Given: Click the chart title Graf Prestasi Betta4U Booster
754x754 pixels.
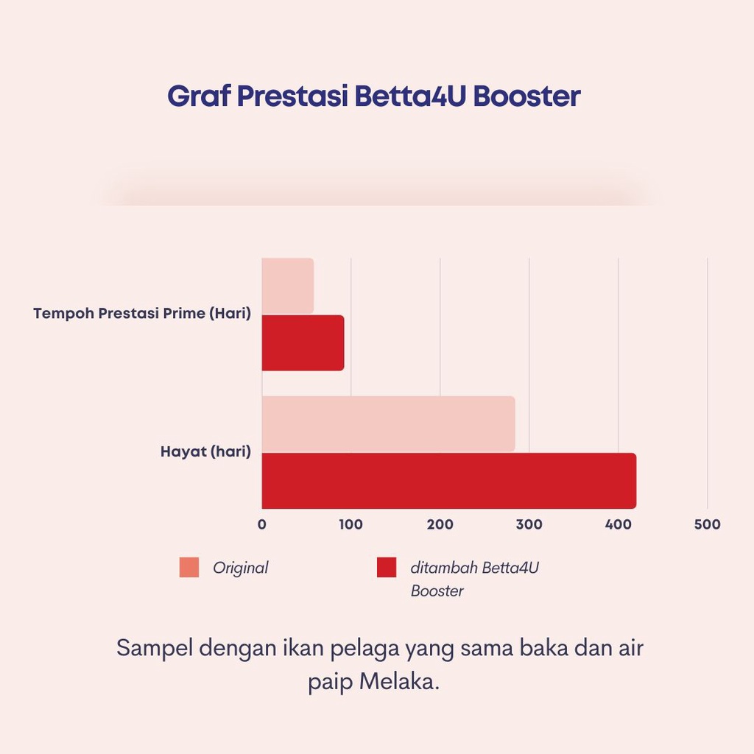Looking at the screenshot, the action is click(x=373, y=96).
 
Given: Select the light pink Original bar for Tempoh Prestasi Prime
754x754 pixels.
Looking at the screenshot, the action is click(x=288, y=286).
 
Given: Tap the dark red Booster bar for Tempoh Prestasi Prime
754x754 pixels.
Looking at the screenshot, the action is click(x=303, y=343).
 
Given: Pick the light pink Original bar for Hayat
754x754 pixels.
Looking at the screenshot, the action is click(x=389, y=424).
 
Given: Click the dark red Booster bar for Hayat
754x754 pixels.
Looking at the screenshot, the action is click(x=449, y=481).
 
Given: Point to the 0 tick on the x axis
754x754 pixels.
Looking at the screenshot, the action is click(x=262, y=524).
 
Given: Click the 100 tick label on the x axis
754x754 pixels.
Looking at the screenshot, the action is click(x=351, y=524).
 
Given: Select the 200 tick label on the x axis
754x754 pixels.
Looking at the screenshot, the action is click(x=440, y=524).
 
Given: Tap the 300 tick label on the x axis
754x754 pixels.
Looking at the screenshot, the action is click(x=529, y=524).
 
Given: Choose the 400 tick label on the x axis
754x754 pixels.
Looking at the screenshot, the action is click(x=619, y=524).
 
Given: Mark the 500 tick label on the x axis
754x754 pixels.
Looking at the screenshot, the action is click(x=708, y=524).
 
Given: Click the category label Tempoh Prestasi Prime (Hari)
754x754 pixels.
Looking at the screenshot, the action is click(x=142, y=314).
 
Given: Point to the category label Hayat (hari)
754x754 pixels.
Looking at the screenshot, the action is click(x=206, y=451).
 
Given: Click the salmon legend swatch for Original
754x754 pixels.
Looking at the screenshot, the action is click(x=189, y=568).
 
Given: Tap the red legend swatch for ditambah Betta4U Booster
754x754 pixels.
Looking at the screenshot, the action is click(x=387, y=568).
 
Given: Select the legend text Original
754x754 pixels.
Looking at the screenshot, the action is click(x=241, y=568).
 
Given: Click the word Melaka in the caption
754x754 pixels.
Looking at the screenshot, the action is click(x=399, y=681).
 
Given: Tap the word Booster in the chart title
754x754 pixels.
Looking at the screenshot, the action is click(x=527, y=96).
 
